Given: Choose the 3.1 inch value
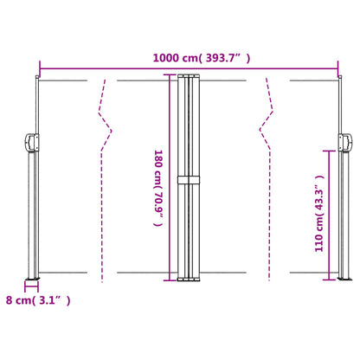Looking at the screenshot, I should [54, 300].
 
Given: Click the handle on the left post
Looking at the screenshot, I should [30, 140].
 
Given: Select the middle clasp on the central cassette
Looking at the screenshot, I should [188, 180].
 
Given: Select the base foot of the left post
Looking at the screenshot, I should [32, 280].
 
